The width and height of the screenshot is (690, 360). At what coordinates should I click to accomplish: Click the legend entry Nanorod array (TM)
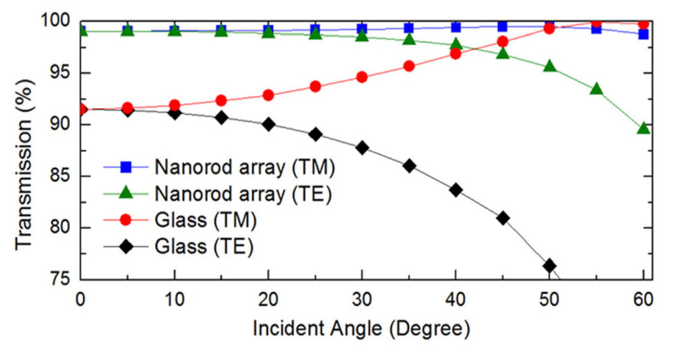coord(244,167)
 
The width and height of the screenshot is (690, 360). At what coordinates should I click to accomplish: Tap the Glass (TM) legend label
coord(206,220)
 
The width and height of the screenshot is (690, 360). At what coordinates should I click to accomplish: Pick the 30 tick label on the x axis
coord(362,297)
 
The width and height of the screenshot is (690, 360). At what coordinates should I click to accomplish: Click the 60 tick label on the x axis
coord(644,297)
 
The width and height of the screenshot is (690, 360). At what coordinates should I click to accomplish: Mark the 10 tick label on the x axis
coord(175,297)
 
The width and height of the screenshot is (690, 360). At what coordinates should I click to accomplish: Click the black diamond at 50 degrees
coord(550,266)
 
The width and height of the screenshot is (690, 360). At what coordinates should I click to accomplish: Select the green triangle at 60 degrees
coord(644,128)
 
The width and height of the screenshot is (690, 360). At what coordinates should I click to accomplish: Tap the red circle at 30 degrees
coord(362,77)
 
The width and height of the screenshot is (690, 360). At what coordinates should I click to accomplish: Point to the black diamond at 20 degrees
coord(268,124)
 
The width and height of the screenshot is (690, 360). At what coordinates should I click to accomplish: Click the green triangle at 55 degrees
coord(596,89)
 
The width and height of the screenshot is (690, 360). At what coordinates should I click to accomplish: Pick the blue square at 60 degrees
coord(644,34)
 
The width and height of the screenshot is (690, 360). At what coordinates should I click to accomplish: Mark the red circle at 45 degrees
coord(503,42)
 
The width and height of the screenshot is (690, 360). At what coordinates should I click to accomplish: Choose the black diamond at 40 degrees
coord(456,190)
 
